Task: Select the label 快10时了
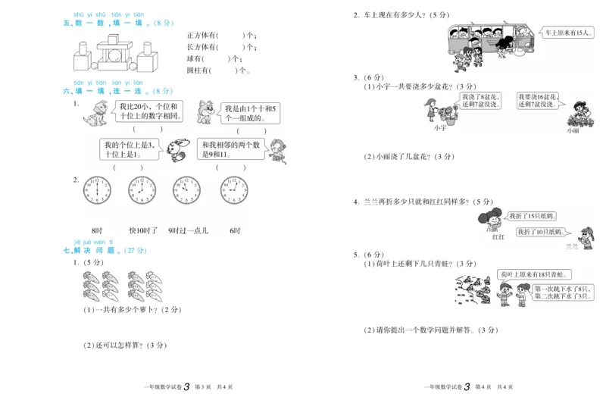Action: click(142, 230)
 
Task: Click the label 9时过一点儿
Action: click(188, 230)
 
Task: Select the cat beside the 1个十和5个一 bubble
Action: click(205, 112)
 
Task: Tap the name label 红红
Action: click(498, 237)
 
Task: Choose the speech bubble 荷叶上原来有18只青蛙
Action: click(535, 274)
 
